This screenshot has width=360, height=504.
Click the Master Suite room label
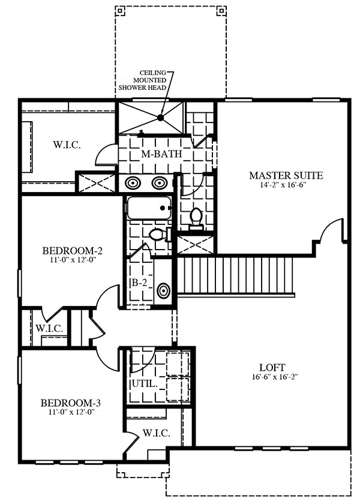tap(286, 175)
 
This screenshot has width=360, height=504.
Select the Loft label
tap(272, 367)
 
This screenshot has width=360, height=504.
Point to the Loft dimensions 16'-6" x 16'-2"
tap(275, 377)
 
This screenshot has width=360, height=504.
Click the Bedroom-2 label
tap(73, 250)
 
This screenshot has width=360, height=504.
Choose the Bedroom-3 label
tap(71, 403)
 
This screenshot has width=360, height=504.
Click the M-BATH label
tap(161, 154)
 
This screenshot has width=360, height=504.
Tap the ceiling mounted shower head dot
tap(161, 118)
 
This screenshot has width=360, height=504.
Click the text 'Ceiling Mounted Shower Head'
tap(142, 80)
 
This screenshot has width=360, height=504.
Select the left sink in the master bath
tap(133, 183)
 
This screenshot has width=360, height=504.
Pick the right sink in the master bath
tap(159, 183)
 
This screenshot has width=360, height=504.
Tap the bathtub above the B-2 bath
tap(148, 208)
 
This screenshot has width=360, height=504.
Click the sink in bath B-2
tap(164, 290)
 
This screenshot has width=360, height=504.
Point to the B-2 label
tap(139, 283)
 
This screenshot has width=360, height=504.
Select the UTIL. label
tap(145, 383)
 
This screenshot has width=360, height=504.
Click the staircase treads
tap(236, 275)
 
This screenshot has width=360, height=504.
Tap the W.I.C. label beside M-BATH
tap(67, 145)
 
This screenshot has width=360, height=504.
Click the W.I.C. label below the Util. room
tap(156, 433)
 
